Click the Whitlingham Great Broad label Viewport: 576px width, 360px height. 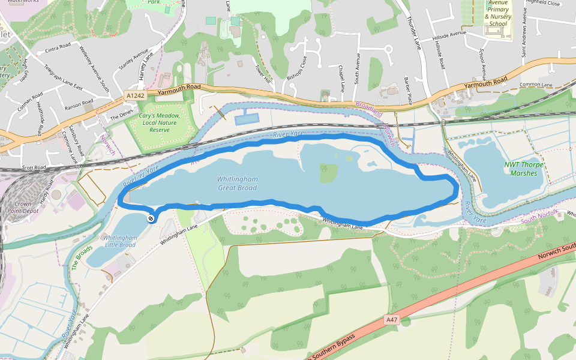point(237,183)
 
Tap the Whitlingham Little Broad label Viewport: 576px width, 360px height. point(120,241)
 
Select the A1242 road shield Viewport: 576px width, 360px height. point(136,95)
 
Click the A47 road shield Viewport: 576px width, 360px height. point(392,320)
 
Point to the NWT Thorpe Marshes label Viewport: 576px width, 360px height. point(524,169)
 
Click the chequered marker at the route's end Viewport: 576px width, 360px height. point(149,218)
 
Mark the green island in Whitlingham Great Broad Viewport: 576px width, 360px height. point(328,173)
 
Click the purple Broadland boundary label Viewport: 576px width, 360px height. point(368,108)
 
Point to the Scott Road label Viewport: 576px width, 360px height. point(34,167)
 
